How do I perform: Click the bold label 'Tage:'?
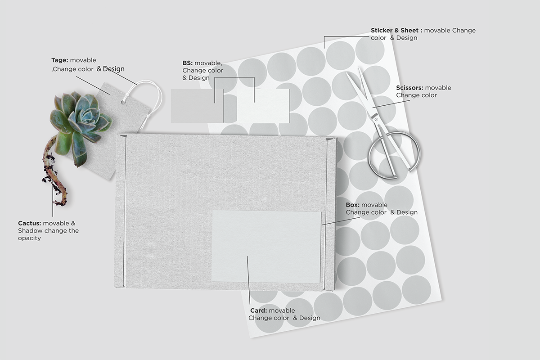[60, 60]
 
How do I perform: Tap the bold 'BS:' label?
[187, 63]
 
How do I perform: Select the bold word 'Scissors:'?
[409, 88]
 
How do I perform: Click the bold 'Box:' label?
[352, 205]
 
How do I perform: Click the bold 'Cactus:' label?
[29, 223]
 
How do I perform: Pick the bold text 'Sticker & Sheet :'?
[396, 31]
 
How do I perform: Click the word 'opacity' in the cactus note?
[29, 238]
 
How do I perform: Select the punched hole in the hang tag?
[123, 103]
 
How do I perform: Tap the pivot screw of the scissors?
[376, 119]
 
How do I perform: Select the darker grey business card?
[197, 106]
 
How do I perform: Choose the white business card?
[263, 106]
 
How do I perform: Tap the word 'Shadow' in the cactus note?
[30, 231]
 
